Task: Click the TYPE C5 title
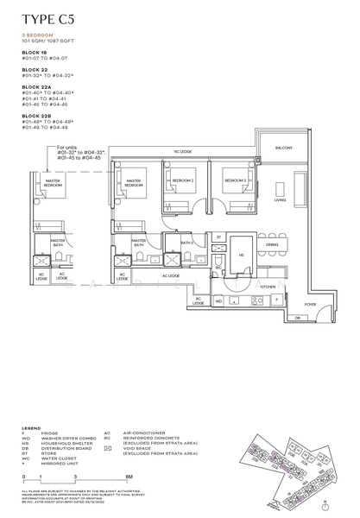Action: point(48,16)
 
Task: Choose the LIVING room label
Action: point(280,199)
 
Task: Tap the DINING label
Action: point(272,245)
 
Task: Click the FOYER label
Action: point(310,304)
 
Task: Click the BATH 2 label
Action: point(186,243)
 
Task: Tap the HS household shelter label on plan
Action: point(241,254)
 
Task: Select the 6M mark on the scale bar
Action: point(128,476)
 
